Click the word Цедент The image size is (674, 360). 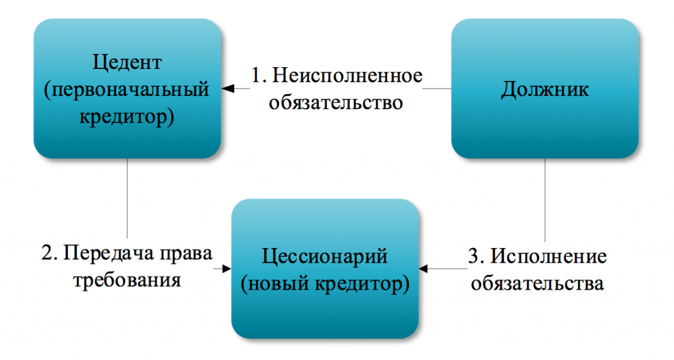pos(127,63)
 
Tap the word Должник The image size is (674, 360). pos(544,90)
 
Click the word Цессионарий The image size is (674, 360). pos(324,257)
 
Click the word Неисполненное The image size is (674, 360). pos(348,76)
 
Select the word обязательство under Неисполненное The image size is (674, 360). pos(336,103)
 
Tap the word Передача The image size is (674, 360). pos(109,253)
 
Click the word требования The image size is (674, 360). pos(127,280)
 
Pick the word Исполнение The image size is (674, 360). pos(548,257)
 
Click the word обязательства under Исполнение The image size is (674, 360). pos(537,284)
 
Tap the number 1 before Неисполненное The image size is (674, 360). pos(257,76)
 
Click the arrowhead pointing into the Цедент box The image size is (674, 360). pos(228,88)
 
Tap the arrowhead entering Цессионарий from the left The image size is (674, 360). pos(226,269)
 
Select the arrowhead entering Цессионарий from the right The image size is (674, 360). pos(424,269)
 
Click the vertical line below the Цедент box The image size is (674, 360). pos(127,198)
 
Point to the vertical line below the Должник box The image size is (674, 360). pos(545,200)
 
